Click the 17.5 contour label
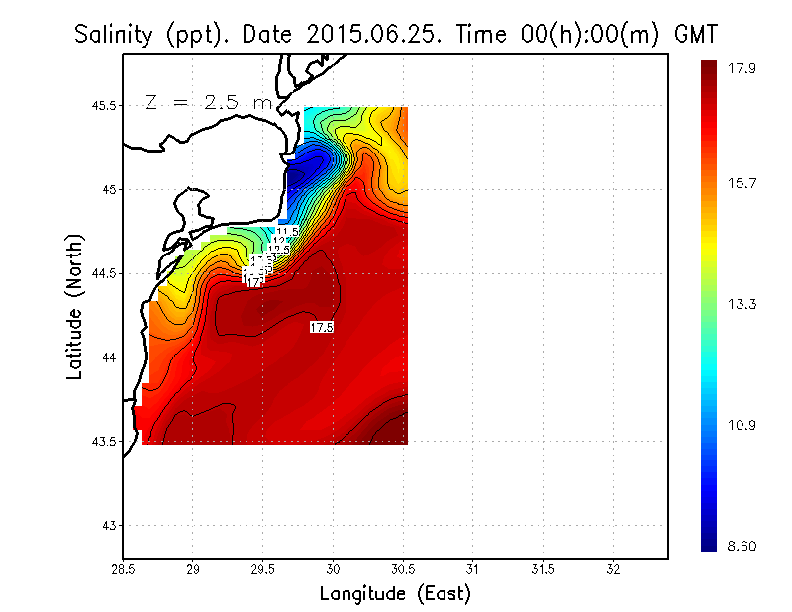click(321, 327)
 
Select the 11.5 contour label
click(287, 231)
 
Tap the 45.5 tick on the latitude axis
click(98, 106)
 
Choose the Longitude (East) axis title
click(395, 594)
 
